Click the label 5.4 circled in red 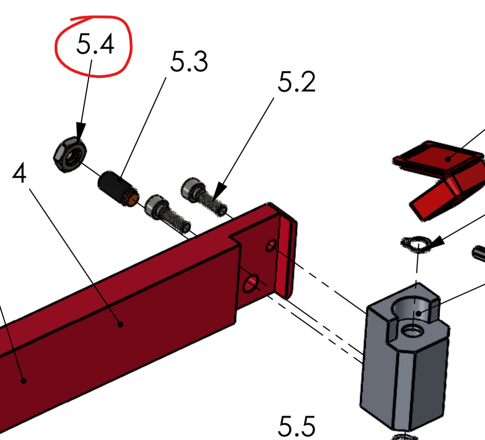tap(95, 44)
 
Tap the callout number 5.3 tap(189, 62)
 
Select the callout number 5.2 tap(296, 82)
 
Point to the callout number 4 tap(19, 174)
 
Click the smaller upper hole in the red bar tap(271, 245)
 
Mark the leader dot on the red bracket tap(448, 159)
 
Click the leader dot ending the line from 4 tap(120, 324)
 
